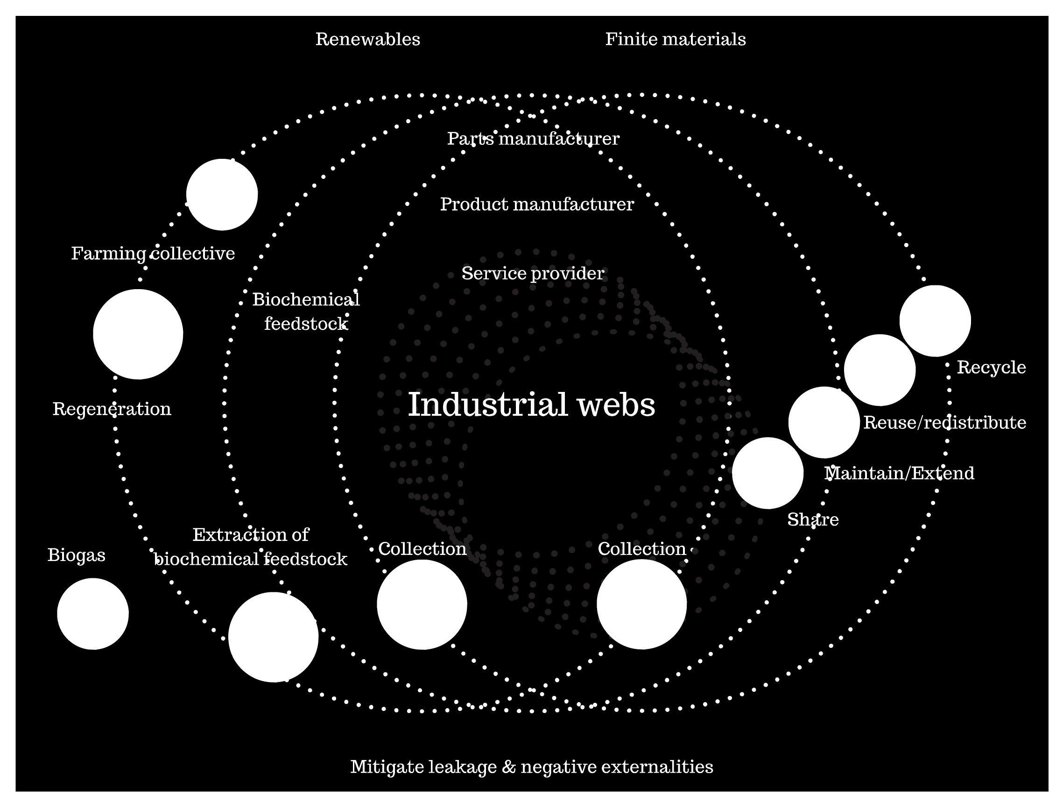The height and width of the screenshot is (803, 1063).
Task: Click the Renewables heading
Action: pos(367,39)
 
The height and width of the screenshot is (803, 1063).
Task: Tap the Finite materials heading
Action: pos(675,39)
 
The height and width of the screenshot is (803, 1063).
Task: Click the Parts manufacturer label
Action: pos(533,139)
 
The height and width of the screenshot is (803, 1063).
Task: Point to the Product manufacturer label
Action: pos(537,205)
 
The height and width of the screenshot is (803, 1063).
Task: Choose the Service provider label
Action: pos(533,274)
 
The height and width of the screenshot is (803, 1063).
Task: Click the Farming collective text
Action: pos(153,253)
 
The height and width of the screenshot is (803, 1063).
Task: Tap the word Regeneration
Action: pos(112,409)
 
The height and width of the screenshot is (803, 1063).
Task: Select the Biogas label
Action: pos(77,555)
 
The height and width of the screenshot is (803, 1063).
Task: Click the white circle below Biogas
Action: pos(93,614)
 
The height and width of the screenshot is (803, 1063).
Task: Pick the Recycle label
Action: pos(991,367)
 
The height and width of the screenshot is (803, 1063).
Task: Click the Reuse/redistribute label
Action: pos(944,423)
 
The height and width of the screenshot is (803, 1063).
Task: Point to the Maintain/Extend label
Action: pos(899,474)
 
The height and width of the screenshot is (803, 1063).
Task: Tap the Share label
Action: pos(813,520)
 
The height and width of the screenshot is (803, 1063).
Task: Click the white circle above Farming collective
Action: pos(222,195)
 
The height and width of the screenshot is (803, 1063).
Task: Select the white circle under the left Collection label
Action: pos(422,604)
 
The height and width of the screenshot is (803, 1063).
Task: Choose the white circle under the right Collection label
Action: pos(641,604)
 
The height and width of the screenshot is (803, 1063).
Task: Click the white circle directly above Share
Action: pos(767,473)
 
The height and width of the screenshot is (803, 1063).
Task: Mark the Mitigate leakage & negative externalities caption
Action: pos(531,767)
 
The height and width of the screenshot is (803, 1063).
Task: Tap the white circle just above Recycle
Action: pos(935,321)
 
